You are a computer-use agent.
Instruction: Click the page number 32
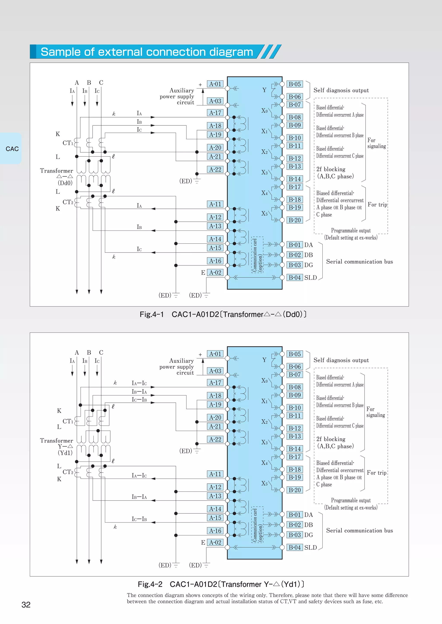click(x=26, y=605)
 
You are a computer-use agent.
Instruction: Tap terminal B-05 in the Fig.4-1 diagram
click(x=295, y=84)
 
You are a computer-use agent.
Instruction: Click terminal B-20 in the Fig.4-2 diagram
click(x=295, y=490)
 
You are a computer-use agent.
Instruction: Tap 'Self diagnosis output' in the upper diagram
click(x=341, y=90)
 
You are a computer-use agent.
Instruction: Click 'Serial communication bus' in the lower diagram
click(x=360, y=530)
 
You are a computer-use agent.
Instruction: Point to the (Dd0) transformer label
click(x=65, y=183)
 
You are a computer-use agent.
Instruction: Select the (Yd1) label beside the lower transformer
click(x=65, y=453)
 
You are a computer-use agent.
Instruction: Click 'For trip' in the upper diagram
click(x=377, y=205)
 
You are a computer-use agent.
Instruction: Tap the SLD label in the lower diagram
click(x=311, y=548)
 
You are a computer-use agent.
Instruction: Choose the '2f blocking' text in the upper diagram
click(x=331, y=169)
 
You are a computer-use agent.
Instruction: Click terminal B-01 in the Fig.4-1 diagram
click(x=295, y=245)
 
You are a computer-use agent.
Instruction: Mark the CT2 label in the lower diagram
click(x=68, y=472)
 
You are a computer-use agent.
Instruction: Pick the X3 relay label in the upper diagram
click(x=264, y=173)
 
